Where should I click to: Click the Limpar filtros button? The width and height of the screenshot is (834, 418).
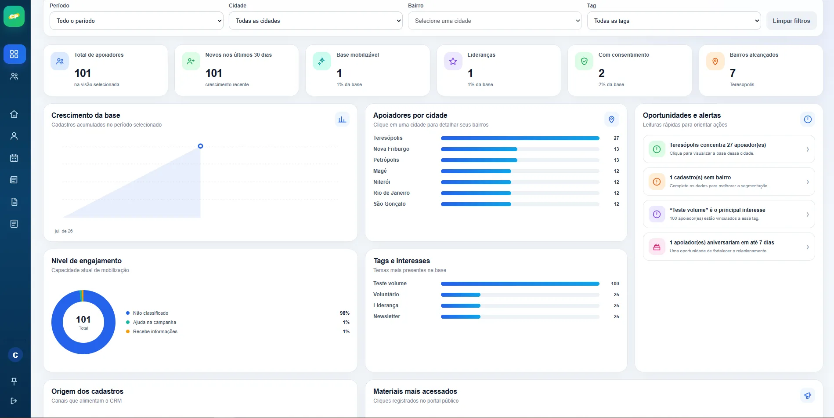(791, 21)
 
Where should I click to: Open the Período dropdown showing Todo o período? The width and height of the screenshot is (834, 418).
(137, 21)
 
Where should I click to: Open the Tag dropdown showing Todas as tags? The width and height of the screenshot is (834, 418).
(674, 21)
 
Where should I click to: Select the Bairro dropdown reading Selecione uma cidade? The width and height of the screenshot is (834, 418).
(495, 21)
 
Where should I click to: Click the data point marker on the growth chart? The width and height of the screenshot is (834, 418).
(200, 146)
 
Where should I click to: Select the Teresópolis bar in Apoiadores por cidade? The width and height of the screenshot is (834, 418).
(520, 138)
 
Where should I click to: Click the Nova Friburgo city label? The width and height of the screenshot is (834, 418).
(391, 149)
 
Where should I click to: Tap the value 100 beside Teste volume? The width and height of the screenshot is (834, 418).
(615, 284)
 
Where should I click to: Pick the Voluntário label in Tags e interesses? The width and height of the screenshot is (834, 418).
(386, 294)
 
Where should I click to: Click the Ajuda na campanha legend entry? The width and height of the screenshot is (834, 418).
(155, 322)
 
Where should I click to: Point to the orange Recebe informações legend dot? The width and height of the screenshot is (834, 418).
(128, 331)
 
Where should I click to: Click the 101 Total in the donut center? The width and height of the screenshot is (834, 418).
(83, 322)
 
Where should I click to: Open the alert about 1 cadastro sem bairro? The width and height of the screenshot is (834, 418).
(729, 182)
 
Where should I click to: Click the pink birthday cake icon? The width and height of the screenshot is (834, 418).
(657, 247)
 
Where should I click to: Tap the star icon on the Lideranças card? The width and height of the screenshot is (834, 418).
(453, 62)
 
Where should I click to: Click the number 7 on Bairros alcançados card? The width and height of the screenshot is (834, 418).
(733, 73)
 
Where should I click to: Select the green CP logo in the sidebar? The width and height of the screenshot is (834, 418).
(14, 16)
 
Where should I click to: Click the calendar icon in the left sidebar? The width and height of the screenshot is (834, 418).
(14, 158)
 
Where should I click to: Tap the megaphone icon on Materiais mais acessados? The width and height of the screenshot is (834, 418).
(807, 396)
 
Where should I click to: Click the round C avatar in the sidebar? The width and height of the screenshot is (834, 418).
(15, 355)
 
